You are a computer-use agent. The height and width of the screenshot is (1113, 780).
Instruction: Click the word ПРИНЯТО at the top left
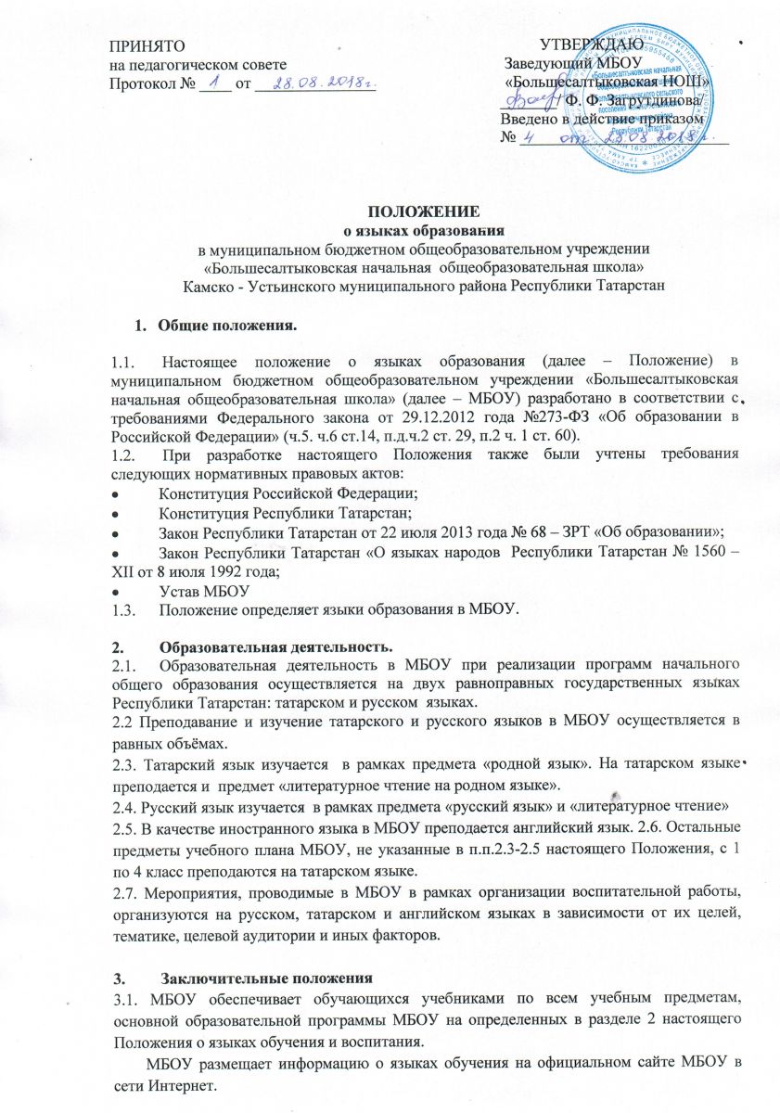click(x=140, y=45)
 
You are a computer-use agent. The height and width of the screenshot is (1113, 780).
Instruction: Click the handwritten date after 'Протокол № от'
click(x=315, y=83)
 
